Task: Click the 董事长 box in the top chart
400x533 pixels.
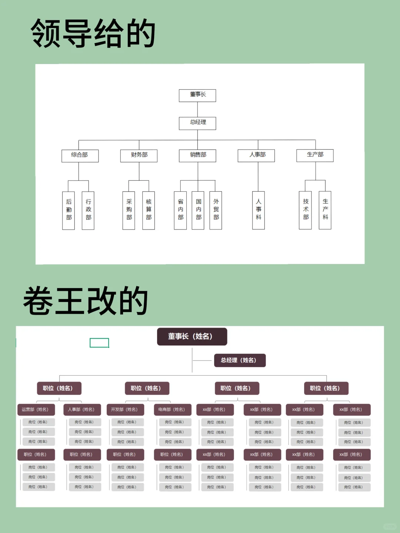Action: [x=197, y=95]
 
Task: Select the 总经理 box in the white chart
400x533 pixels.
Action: [x=197, y=123]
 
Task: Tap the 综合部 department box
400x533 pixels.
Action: [x=80, y=155]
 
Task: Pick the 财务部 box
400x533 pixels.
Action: [x=139, y=155]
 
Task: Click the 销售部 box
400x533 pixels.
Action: [x=197, y=155]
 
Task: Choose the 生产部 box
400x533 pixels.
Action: [x=315, y=155]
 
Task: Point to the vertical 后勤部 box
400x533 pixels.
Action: [x=69, y=210]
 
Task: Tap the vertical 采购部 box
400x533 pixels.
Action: [x=129, y=210]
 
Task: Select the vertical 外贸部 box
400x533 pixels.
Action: [x=216, y=210]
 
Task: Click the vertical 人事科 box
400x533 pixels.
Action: [x=259, y=210]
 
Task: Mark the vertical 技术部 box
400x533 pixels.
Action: [x=305, y=210]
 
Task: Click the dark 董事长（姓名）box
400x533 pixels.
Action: [x=192, y=336]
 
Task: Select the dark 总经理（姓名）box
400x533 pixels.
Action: [x=240, y=360]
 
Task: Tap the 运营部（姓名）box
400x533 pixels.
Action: [x=36, y=409]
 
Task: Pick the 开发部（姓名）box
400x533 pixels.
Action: [x=125, y=409]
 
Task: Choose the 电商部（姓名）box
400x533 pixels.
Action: [x=172, y=409]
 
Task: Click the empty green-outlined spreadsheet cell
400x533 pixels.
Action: [x=99, y=343]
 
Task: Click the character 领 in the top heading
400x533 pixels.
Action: [x=46, y=34]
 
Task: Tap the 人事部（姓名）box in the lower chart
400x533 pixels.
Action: [x=82, y=409]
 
